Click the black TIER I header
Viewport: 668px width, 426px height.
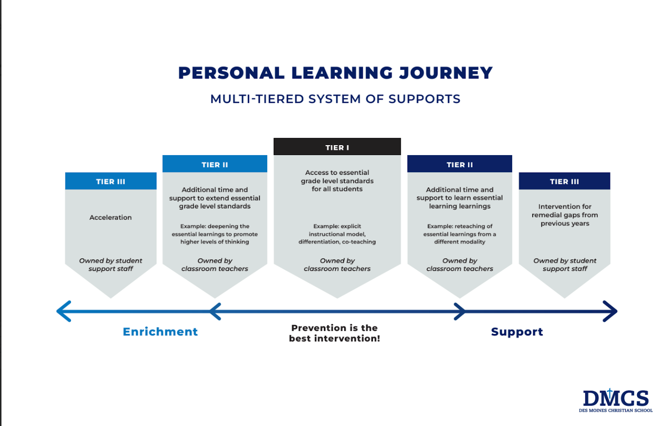[337, 147]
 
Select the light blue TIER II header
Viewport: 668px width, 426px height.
[215, 163]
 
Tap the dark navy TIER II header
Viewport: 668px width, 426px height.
[460, 163]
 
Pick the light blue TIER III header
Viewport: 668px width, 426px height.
[111, 181]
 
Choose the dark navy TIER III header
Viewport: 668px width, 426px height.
[564, 181]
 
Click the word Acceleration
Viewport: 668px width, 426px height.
[110, 217]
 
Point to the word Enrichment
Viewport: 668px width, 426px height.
[160, 332]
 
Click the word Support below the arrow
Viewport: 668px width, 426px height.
[517, 332]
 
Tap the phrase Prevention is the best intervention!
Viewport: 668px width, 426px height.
[334, 333]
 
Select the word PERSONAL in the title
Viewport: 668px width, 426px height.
[231, 73]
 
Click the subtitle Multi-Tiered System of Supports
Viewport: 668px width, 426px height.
[335, 99]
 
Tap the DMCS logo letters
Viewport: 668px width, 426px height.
[615, 398]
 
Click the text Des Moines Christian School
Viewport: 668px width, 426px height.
[615, 411]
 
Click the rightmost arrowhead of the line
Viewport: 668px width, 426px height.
[610, 311]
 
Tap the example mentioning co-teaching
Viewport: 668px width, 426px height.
[337, 234]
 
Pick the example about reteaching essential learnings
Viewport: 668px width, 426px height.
[460, 234]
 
